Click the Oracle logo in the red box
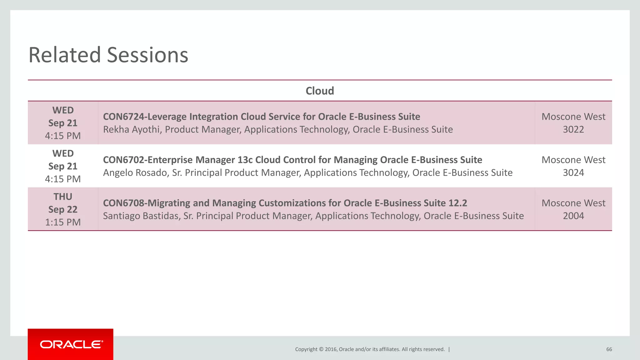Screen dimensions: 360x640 pos(71,344)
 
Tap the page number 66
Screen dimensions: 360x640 pos(609,349)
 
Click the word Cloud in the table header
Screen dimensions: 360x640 pos(320,91)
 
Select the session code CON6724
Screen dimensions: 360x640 pos(123,117)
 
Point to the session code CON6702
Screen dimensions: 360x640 pos(123,160)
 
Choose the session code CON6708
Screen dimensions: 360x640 pos(123,203)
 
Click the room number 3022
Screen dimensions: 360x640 pos(573,129)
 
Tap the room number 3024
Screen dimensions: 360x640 pos(573,172)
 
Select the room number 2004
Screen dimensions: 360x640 pos(573,216)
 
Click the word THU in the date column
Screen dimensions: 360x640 pos(63,197)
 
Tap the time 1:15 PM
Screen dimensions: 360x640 pos(63,222)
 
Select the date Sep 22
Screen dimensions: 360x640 pos(63,209)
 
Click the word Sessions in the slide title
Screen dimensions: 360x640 pos(147,55)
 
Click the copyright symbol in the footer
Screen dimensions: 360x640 pos(321,349)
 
